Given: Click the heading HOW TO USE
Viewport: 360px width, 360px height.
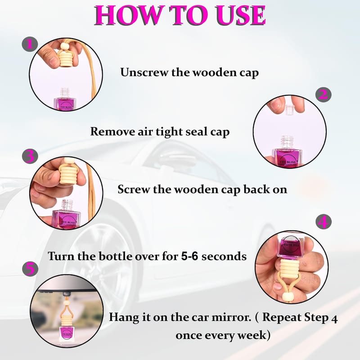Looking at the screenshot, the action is pos(180,15).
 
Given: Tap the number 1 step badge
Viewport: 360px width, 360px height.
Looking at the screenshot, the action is pos(30,44).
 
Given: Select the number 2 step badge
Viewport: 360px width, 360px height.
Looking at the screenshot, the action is pos(323,94).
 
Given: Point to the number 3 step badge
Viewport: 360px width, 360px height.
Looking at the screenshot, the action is pos(30,156).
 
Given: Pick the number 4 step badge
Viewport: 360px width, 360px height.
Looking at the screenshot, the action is pos(324,222).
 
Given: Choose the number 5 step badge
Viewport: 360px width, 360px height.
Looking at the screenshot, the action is pos(30,269).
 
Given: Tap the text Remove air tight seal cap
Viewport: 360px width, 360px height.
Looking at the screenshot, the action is pos(160,132).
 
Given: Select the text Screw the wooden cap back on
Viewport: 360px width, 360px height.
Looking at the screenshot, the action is pos(202,189).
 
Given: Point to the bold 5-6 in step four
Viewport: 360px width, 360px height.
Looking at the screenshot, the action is pos(189,256).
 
